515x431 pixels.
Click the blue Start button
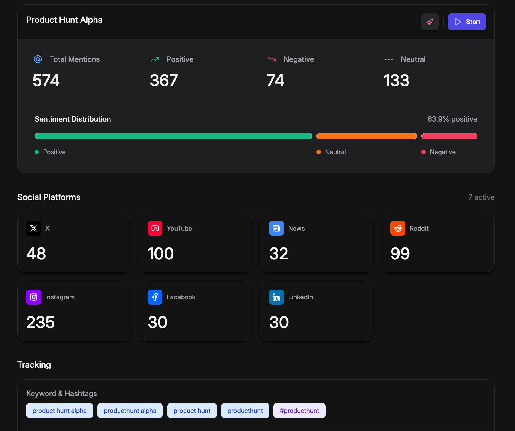pyautogui.click(x=467, y=22)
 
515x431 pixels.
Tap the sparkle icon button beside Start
pyautogui.click(x=430, y=22)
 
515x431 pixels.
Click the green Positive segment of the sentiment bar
pyautogui.click(x=173, y=136)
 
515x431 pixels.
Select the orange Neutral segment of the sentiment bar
pyautogui.click(x=366, y=136)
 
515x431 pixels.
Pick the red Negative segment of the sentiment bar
pyautogui.click(x=449, y=136)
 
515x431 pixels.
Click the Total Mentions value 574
pyautogui.click(x=46, y=81)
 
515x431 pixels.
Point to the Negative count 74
pyautogui.click(x=275, y=81)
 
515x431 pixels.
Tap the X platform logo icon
pyautogui.click(x=34, y=228)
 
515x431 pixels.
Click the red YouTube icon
pyautogui.click(x=155, y=228)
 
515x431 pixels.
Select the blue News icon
pyautogui.click(x=276, y=228)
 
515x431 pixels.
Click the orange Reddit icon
pyautogui.click(x=398, y=228)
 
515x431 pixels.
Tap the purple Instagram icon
pyautogui.click(x=34, y=297)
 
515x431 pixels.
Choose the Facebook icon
pyautogui.click(x=155, y=297)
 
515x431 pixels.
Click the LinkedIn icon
pyautogui.click(x=276, y=297)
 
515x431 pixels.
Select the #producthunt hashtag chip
pyautogui.click(x=299, y=411)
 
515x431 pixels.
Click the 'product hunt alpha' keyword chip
pyautogui.click(x=59, y=411)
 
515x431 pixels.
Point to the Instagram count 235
pyautogui.click(x=41, y=322)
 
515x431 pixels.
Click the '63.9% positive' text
pyautogui.click(x=452, y=119)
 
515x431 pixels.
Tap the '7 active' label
pyautogui.click(x=481, y=197)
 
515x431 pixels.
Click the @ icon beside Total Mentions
pyautogui.click(x=38, y=59)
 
